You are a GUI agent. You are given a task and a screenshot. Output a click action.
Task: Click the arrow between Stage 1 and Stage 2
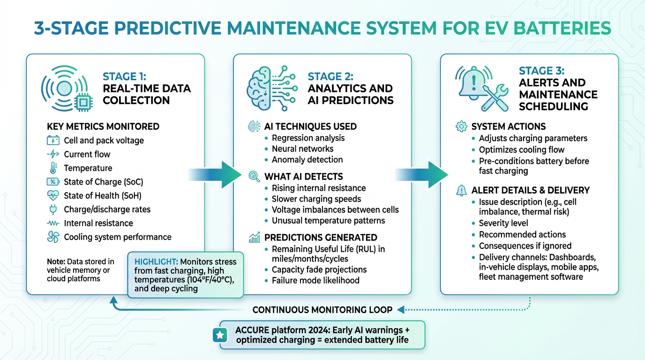[214, 175]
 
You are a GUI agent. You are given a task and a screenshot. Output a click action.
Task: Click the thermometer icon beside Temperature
[52, 168]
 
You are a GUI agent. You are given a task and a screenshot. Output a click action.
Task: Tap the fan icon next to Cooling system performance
[52, 237]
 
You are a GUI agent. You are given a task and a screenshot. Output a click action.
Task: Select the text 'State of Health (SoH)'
[102, 195]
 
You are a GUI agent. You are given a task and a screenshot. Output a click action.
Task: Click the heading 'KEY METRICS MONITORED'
[103, 127]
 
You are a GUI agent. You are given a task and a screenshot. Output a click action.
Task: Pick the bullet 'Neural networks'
[302, 149]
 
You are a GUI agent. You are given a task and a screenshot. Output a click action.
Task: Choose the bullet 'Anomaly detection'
[307, 159]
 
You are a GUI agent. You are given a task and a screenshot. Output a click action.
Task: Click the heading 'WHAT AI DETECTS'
[303, 177]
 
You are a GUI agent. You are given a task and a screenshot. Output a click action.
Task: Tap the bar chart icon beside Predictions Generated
[254, 238]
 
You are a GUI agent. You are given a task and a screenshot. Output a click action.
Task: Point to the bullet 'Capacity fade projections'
[319, 270]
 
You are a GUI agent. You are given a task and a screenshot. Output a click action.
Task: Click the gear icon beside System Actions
[461, 127]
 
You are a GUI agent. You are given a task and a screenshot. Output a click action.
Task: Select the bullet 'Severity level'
[503, 223]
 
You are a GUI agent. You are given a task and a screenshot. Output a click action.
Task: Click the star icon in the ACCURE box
[219, 335]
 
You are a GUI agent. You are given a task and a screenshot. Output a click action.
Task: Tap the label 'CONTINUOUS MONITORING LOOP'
[322, 310]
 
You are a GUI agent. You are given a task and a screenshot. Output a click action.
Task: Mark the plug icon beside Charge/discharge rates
[52, 210]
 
